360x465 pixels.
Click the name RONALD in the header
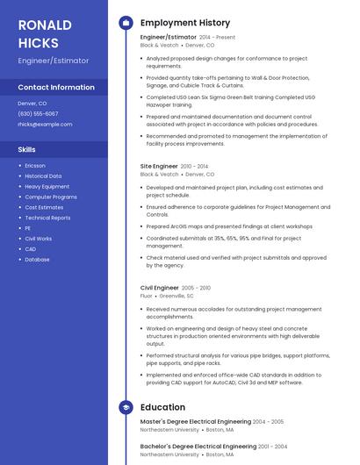tap(45, 25)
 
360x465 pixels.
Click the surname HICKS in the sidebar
tap(39, 43)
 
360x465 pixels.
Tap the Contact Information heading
tap(56, 88)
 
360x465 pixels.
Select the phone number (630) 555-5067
tap(38, 114)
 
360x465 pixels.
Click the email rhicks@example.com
tap(45, 125)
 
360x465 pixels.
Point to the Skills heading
tap(27, 150)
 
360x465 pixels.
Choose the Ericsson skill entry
tap(35, 166)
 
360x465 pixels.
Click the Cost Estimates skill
tap(44, 207)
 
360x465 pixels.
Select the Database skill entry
tap(37, 260)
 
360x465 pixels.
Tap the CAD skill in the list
tap(31, 249)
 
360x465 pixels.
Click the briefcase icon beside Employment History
tap(126, 23)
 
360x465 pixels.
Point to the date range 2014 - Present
tap(217, 38)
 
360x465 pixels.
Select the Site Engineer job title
tap(159, 166)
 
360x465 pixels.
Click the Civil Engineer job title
tap(159, 288)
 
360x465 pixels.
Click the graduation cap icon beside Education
tap(126, 407)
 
